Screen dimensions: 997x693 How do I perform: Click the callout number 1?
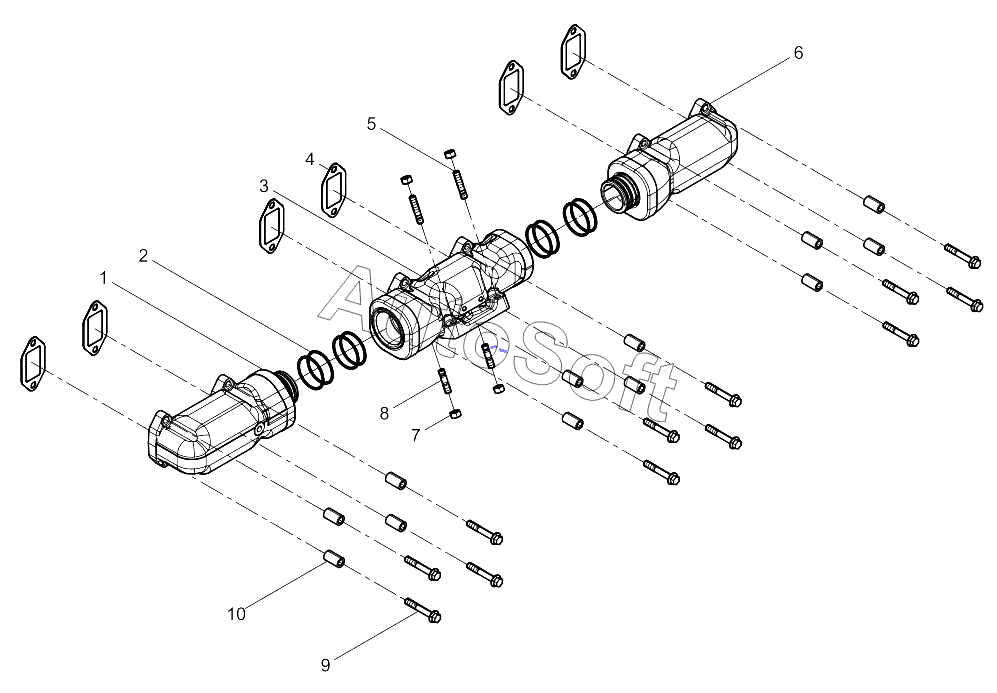(x=103, y=278)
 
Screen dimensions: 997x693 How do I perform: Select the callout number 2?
(x=143, y=256)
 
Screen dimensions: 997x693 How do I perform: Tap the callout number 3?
(x=263, y=186)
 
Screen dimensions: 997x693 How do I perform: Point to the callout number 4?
(x=310, y=159)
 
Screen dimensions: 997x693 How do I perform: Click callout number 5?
(x=371, y=124)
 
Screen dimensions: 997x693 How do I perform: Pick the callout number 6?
(x=798, y=53)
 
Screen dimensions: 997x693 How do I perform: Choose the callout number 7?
(x=415, y=436)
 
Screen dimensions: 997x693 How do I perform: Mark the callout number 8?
(x=384, y=414)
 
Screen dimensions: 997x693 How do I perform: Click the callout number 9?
(x=325, y=666)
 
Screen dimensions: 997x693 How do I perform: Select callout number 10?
(x=236, y=614)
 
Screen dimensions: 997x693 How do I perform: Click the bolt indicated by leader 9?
(x=423, y=609)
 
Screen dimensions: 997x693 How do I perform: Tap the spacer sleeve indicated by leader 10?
(x=334, y=558)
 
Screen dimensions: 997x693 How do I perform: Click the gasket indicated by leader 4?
(x=333, y=189)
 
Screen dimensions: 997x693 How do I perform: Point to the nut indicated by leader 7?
(x=455, y=414)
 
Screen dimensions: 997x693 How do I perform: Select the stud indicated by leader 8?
(x=444, y=381)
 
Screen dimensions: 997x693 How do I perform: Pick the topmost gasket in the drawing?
(x=573, y=51)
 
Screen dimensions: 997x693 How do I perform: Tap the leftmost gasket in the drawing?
(x=33, y=363)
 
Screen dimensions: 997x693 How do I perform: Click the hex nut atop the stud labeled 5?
(x=450, y=154)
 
